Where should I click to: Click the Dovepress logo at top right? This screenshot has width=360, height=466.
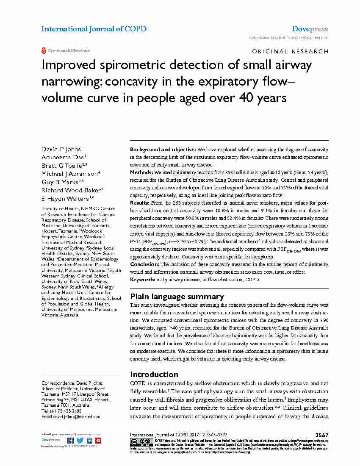tap(310, 29)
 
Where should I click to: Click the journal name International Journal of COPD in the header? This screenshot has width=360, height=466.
tap(94, 29)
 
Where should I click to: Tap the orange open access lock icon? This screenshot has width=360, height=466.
tap(43, 50)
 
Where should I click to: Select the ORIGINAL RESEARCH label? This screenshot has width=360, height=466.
tap(290, 51)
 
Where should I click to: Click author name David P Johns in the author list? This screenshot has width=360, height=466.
tap(62, 149)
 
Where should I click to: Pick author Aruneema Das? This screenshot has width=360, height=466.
tap(64, 157)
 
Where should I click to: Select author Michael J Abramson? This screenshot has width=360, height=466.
tap(71, 174)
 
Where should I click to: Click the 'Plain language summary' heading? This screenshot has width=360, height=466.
tap(177, 297)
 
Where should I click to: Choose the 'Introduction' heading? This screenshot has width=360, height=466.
tap(154, 374)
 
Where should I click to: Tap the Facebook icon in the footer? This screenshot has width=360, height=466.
tap(70, 441)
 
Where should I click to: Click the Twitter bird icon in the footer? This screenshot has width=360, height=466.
tap(80, 441)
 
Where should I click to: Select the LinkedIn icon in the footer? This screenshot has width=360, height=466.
tap(89, 441)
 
